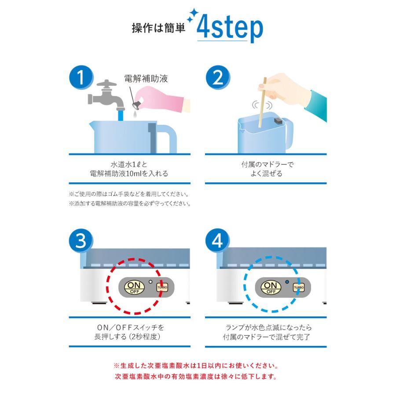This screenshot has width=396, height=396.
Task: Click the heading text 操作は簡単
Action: point(159,28)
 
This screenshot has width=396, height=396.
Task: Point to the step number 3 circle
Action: point(81,241)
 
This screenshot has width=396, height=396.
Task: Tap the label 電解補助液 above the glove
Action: point(146,79)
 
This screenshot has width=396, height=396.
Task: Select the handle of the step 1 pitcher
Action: point(165,136)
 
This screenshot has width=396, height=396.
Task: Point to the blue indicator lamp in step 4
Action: point(287,281)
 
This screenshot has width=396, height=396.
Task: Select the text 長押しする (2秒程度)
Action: point(131,337)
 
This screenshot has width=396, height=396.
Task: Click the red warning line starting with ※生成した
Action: point(195,366)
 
